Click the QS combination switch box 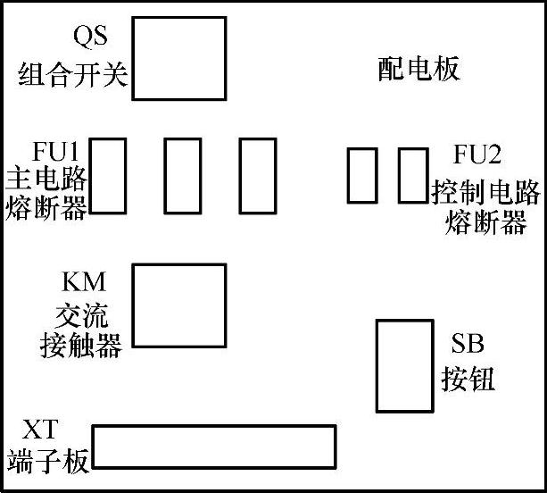178,59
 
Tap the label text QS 90,38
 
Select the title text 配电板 419,69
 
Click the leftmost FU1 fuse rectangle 109,175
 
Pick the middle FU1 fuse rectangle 182,175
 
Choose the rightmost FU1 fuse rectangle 257,175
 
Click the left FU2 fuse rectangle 361,175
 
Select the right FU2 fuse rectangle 411,175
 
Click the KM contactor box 178,305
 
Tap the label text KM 83,283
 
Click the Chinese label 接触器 81,346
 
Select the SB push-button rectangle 393,365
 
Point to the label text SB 468,344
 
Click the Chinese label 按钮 468,380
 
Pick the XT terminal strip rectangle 214,447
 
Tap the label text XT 41,430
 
